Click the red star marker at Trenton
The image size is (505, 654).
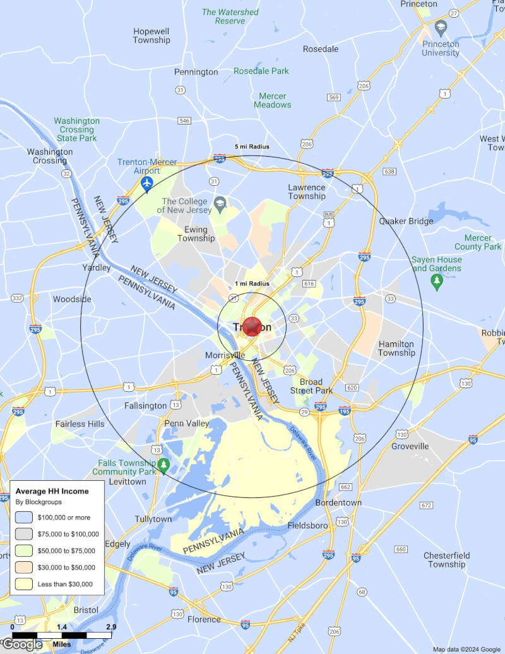(x=252, y=326)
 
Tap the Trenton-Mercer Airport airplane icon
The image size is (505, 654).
(x=147, y=183)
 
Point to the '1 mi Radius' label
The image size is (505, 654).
(x=252, y=284)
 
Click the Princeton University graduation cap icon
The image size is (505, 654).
(x=441, y=27)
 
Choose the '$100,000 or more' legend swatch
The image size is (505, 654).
(x=25, y=517)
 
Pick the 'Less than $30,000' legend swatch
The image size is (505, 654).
(x=25, y=584)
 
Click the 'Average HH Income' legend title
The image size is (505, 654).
(x=52, y=491)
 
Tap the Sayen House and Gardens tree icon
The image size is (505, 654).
(x=436, y=280)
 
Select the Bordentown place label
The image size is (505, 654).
(x=338, y=502)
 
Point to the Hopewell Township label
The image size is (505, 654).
(x=151, y=35)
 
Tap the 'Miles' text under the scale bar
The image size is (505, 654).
(x=62, y=644)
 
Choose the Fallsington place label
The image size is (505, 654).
(x=146, y=406)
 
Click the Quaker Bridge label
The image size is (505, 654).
(x=406, y=221)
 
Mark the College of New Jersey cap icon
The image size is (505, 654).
(x=220, y=203)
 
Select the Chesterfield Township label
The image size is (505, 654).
(x=447, y=560)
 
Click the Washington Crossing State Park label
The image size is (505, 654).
(x=76, y=129)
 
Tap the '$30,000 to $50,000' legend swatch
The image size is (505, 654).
(x=25, y=567)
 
